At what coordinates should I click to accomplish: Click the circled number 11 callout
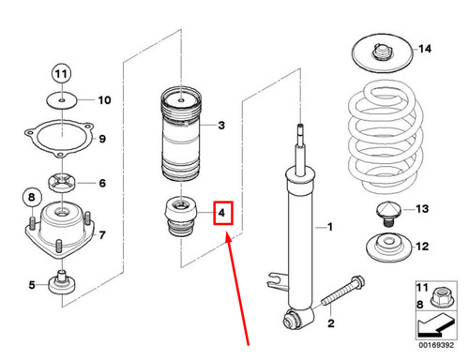(x=61, y=74)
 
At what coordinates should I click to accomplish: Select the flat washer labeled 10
(x=62, y=100)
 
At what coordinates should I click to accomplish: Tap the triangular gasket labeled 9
(x=59, y=138)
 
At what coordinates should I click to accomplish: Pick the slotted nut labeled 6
(x=62, y=183)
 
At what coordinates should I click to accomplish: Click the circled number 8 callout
(x=32, y=197)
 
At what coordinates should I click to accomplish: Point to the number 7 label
(x=102, y=234)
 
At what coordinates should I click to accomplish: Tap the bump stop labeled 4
(x=181, y=216)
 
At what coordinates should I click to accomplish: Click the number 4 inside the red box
(x=221, y=213)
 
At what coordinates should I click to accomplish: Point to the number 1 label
(x=330, y=227)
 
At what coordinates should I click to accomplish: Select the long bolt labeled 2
(x=342, y=292)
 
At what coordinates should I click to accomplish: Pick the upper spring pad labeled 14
(x=383, y=52)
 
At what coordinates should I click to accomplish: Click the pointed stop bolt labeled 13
(x=388, y=214)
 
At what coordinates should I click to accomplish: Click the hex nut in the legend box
(x=442, y=298)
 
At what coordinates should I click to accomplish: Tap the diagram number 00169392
(x=436, y=345)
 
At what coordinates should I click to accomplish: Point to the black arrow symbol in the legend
(x=435, y=325)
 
